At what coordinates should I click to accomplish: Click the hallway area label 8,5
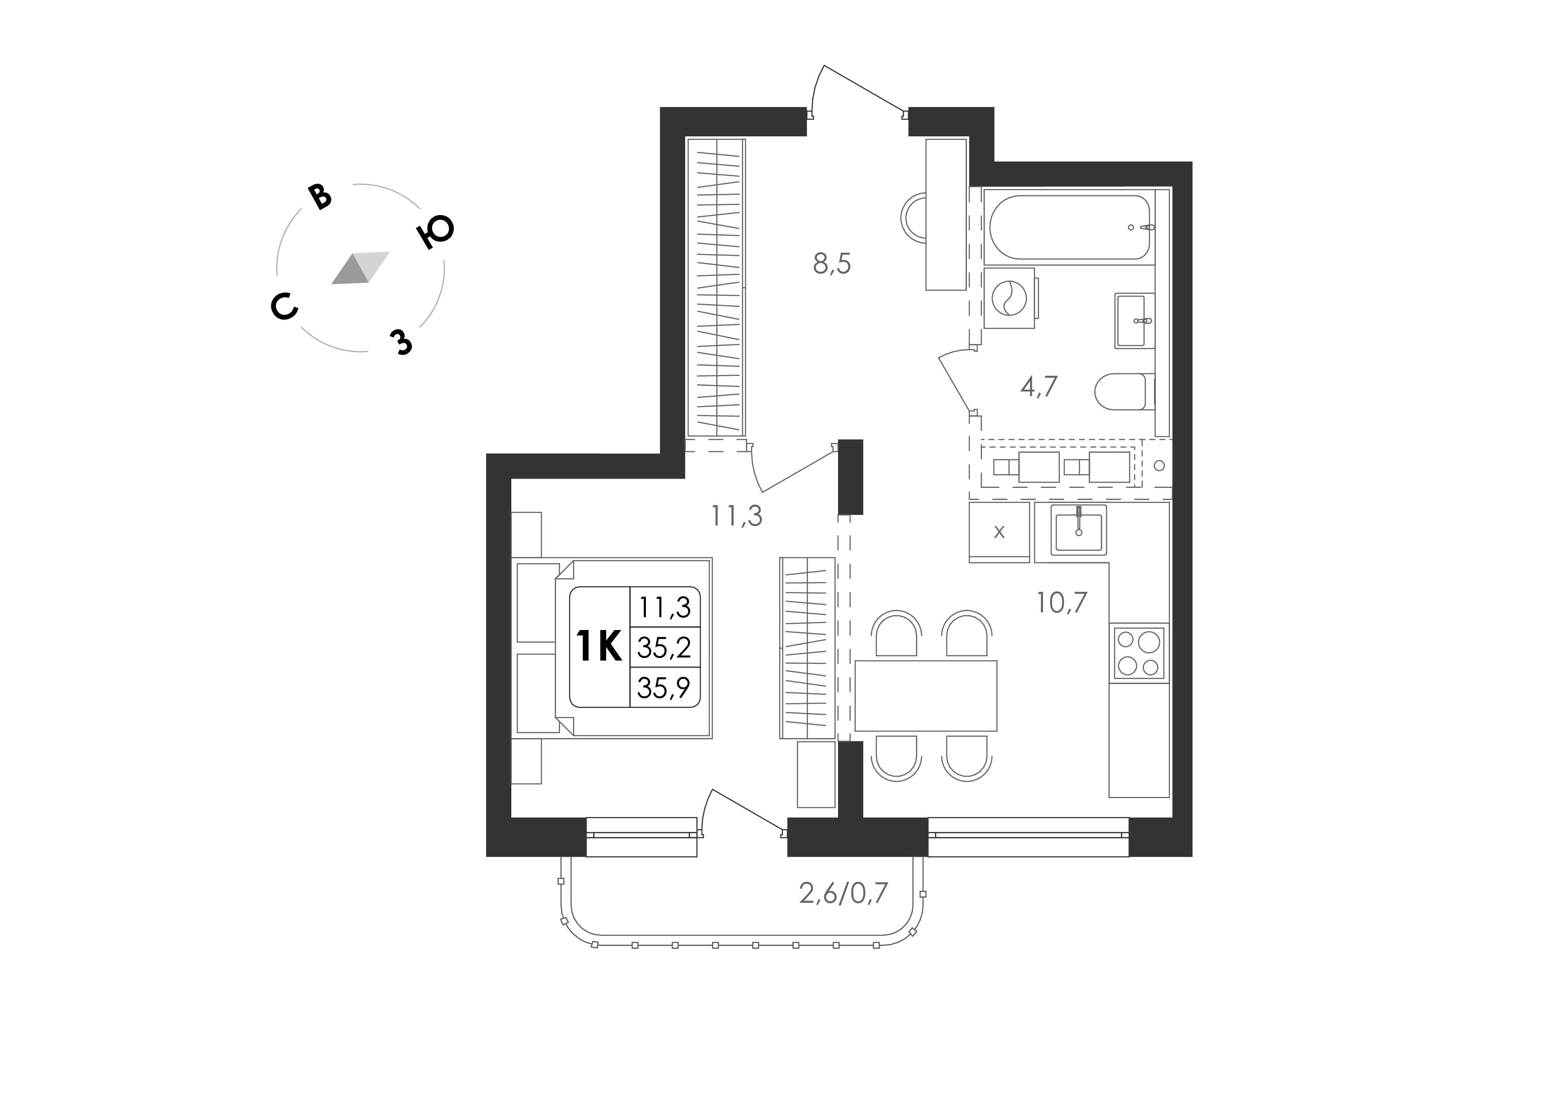(x=832, y=264)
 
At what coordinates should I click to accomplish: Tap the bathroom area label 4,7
(x=1039, y=387)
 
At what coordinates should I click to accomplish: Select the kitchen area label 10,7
(x=1062, y=602)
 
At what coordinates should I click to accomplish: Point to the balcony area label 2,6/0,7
(x=843, y=894)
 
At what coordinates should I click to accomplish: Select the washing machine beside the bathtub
(x=1009, y=298)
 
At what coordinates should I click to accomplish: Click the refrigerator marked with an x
(x=999, y=532)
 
